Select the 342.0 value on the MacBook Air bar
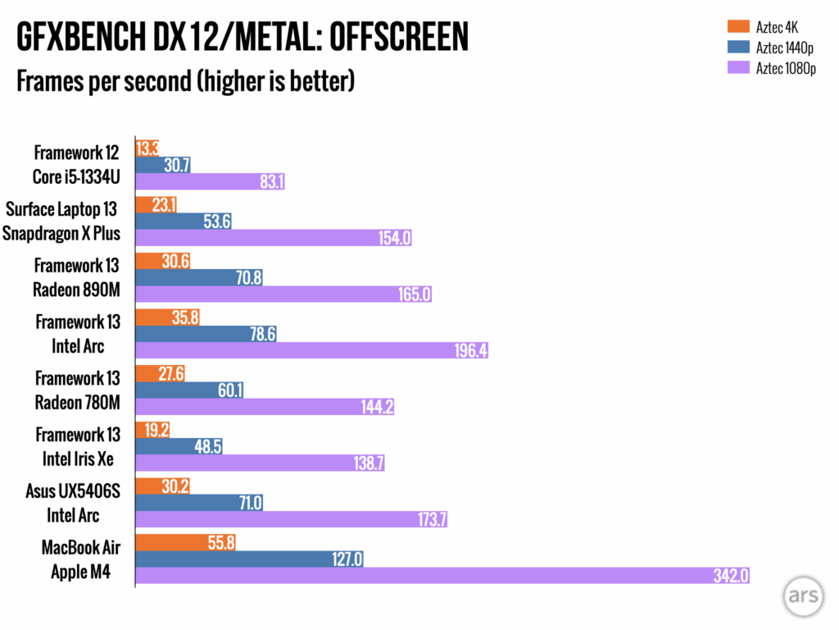pos(731,577)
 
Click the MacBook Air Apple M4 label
pos(80,559)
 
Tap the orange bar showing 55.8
pos(185,543)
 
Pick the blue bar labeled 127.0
pos(248,559)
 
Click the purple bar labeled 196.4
pos(311,351)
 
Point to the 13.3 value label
pos(148,149)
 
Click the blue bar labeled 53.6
pos(184,221)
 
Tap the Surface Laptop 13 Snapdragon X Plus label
pos(62,221)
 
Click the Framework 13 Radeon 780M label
pos(78,391)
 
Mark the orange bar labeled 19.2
pos(152,430)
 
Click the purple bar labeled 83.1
pos(210,181)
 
